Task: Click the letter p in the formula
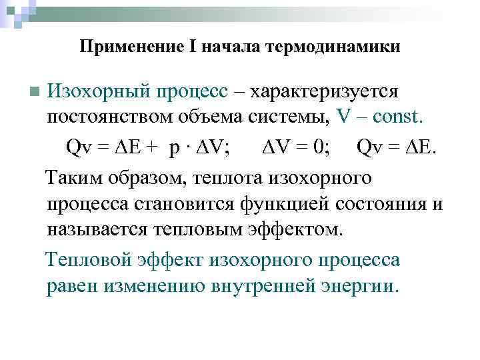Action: click(x=175, y=147)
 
